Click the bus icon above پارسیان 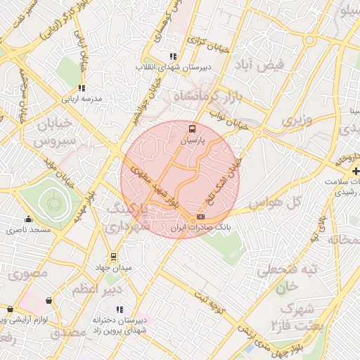tap(193, 129)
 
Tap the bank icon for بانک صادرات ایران tap(202, 217)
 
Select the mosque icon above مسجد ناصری tap(28, 219)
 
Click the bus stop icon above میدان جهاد tap(112, 257)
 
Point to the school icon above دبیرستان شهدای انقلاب tap(173, 56)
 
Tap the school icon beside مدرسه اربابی tap(82, 89)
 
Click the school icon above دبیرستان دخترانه tap(119, 309)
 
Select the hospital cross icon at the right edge tap(356, 171)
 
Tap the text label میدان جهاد tap(113, 268)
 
